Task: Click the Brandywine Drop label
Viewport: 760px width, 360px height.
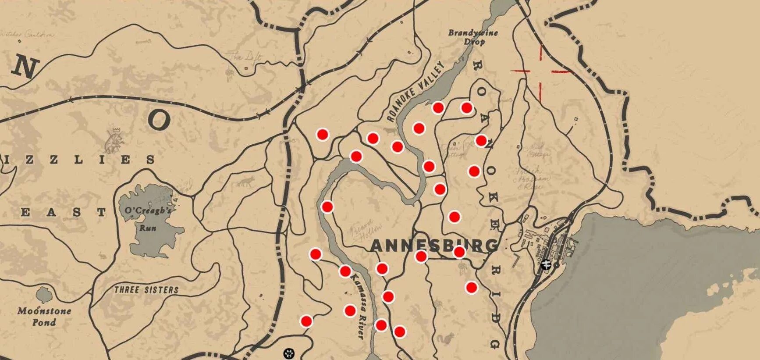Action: pos(473,37)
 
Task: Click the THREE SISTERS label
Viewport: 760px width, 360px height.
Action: pos(146,290)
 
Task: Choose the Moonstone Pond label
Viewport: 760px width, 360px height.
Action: pos(44,316)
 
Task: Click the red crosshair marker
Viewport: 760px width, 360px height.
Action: pos(540,71)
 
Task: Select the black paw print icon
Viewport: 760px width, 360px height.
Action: pos(289,353)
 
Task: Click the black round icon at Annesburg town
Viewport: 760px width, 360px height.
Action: pos(546,264)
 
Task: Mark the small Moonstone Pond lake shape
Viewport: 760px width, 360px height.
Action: pos(43,294)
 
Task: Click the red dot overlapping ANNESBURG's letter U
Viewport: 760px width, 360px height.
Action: pos(459,252)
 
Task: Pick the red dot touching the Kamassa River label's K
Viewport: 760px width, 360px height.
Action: pos(345,271)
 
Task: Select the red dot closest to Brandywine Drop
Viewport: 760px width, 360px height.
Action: pos(466,107)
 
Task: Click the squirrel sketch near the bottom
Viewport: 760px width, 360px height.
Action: pos(448,338)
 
